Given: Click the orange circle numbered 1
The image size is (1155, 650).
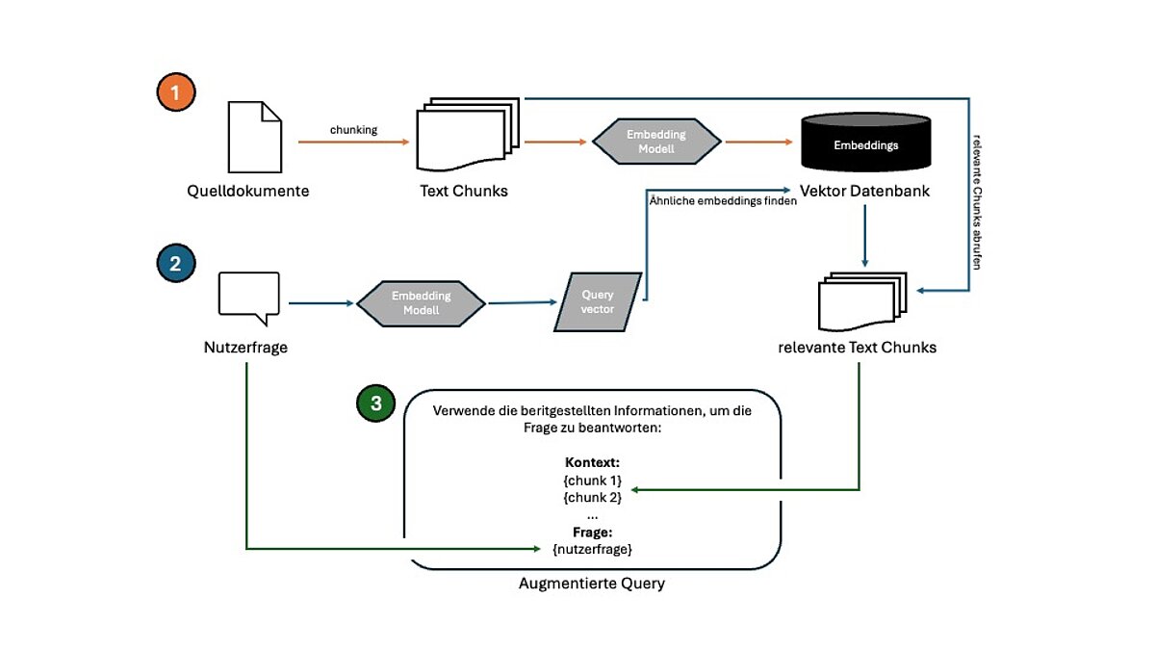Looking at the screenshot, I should (x=175, y=93).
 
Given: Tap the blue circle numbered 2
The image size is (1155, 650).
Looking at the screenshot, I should (x=175, y=264).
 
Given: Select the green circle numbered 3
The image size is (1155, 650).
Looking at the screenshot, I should (x=375, y=403).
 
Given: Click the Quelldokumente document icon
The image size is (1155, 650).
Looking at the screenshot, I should (x=255, y=138).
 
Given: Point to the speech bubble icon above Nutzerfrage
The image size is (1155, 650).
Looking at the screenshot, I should (x=249, y=294).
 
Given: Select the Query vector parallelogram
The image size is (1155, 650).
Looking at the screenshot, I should (x=597, y=302).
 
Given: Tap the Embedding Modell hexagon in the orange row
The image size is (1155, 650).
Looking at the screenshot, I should (x=655, y=141).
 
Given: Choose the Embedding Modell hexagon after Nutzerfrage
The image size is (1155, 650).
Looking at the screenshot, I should (x=421, y=303).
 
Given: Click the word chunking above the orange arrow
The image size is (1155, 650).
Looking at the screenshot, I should (x=353, y=129).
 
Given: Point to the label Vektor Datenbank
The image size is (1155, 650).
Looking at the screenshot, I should (x=864, y=191).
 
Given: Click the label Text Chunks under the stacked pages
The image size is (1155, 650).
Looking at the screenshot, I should (x=464, y=191).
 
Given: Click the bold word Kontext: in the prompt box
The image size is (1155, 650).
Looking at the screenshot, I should (x=592, y=463).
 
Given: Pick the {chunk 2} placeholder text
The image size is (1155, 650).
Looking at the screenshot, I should (x=592, y=497).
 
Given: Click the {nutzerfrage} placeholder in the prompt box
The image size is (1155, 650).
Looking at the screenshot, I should (x=592, y=548).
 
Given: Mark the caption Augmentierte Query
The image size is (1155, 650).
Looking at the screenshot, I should (x=591, y=584).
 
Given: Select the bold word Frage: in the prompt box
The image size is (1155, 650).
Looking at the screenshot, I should (x=592, y=532).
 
